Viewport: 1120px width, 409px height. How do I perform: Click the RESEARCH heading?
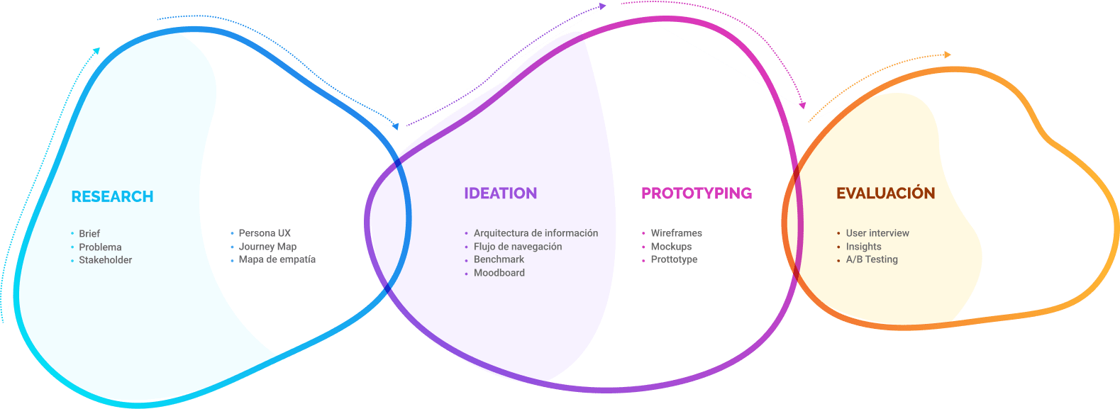pyautogui.click(x=113, y=197)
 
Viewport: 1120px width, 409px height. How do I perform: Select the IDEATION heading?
pyautogui.click(x=501, y=194)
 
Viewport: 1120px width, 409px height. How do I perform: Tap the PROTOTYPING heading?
pyautogui.click(x=697, y=194)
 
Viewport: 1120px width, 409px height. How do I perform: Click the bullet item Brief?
pyautogui.click(x=89, y=234)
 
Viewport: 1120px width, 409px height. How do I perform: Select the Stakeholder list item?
pyautogui.click(x=106, y=260)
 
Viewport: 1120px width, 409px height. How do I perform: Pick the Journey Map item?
pyautogui.click(x=267, y=247)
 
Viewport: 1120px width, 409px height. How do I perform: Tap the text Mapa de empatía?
pyautogui.click(x=277, y=259)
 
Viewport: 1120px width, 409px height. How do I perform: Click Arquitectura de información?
pyautogui.click(x=536, y=233)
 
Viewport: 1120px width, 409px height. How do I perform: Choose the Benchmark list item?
pyautogui.click(x=499, y=259)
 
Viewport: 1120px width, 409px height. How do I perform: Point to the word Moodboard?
pyautogui.click(x=499, y=273)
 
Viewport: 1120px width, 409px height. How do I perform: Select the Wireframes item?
pyautogui.click(x=677, y=233)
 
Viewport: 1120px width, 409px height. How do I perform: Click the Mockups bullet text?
pyautogui.click(x=672, y=247)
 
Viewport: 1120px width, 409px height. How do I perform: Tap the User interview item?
pyautogui.click(x=877, y=233)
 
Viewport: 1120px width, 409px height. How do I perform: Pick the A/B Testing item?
pyautogui.click(x=872, y=259)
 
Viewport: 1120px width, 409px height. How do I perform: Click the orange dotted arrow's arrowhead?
pyautogui.click(x=948, y=55)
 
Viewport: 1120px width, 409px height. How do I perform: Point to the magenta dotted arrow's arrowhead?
pyautogui.click(x=802, y=106)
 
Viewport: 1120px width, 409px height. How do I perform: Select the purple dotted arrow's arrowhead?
pyautogui.click(x=603, y=6)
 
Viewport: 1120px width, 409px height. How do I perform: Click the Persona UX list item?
pyautogui.click(x=265, y=233)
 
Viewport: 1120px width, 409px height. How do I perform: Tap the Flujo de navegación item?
pyautogui.click(x=518, y=247)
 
